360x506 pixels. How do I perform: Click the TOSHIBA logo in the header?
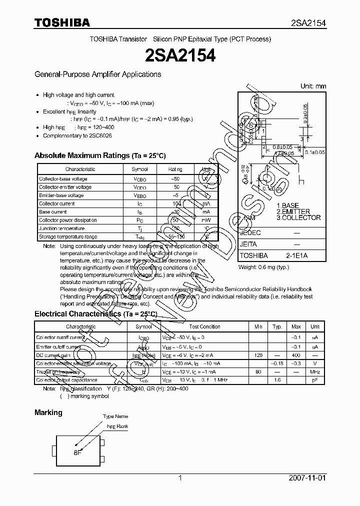[62, 22]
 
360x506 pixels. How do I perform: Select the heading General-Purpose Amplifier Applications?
[97, 74]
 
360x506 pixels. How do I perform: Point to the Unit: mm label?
[313, 86]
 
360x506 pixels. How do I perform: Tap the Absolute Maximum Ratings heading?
[99, 155]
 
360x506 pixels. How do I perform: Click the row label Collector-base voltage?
[63, 178]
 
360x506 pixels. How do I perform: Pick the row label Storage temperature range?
[68, 236]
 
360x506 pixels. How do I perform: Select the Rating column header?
[175, 169]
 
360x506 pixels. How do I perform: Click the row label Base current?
[53, 212]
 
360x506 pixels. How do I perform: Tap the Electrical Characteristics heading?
[95, 314]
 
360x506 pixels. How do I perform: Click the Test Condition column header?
[204, 326]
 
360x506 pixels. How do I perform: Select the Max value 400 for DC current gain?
[296, 354]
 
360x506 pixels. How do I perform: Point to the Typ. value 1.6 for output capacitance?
[277, 380]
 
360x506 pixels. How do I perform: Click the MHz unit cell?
[314, 371]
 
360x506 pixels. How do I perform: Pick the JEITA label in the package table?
[248, 244]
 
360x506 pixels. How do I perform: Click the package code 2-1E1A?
[296, 255]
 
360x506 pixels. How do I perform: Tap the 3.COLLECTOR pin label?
[298, 217]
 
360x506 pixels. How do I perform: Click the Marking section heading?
[48, 412]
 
